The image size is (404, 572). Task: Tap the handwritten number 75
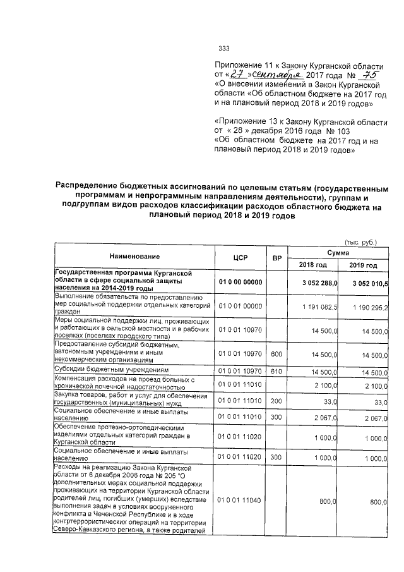(362, 75)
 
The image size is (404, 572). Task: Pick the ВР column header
(276, 257)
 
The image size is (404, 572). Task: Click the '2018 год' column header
(311, 264)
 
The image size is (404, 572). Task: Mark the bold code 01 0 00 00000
(240, 283)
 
